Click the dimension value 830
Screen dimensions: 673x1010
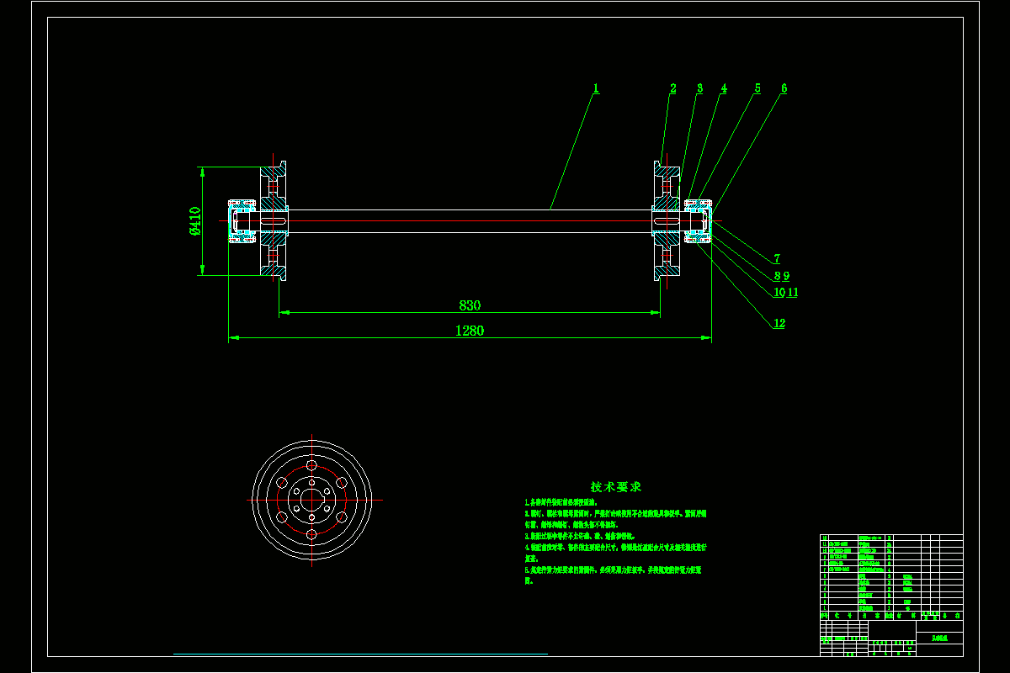coord(470,305)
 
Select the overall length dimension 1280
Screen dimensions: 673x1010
coord(470,331)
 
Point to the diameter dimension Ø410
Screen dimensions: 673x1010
coord(194,220)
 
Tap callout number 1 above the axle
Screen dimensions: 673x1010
coord(596,87)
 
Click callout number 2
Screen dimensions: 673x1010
coord(673,87)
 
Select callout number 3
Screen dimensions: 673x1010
coord(699,87)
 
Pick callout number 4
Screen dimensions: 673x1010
coord(724,87)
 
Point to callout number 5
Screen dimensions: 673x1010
coord(757,87)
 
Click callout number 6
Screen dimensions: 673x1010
coord(784,87)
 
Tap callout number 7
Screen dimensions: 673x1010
coord(778,258)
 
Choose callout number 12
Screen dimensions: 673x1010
coord(779,324)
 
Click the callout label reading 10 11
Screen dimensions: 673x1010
coord(785,292)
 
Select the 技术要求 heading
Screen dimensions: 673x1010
coord(616,487)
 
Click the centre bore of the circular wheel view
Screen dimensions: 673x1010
coord(311,499)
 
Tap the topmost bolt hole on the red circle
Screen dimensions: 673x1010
coord(311,465)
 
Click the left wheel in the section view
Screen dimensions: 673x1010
coord(274,220)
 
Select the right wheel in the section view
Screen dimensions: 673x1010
coord(667,220)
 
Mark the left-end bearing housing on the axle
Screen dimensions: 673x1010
coord(243,220)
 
